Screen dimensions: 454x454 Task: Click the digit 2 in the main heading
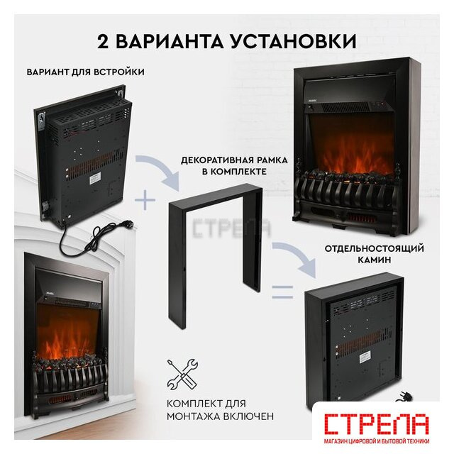pyautogui.click(x=103, y=41)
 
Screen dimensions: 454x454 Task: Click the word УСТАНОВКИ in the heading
pyautogui.click(x=294, y=41)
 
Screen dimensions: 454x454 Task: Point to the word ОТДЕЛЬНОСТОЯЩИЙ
pyautogui.click(x=374, y=249)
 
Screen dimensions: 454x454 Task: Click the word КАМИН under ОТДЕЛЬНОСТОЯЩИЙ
pyautogui.click(x=375, y=260)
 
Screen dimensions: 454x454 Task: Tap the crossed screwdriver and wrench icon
pyautogui.click(x=182, y=374)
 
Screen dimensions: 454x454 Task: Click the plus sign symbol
pyautogui.click(x=145, y=200)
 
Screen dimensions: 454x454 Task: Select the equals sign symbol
pyautogui.click(x=282, y=292)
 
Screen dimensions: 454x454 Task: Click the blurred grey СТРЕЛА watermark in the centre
pyautogui.click(x=232, y=228)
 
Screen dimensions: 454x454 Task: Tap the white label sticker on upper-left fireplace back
pyautogui.click(x=94, y=177)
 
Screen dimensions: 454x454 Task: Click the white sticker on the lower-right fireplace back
pyautogui.click(x=365, y=357)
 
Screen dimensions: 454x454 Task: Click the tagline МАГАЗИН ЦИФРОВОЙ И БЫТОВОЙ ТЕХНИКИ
pyautogui.click(x=377, y=441)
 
